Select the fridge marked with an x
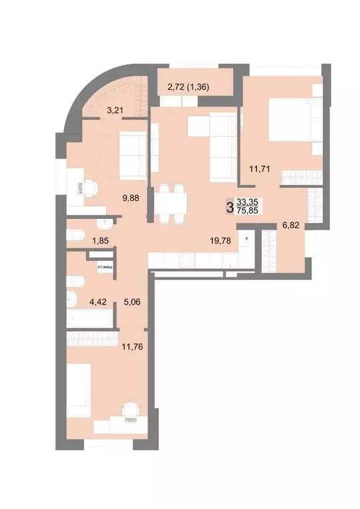247,238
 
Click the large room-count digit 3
230,207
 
